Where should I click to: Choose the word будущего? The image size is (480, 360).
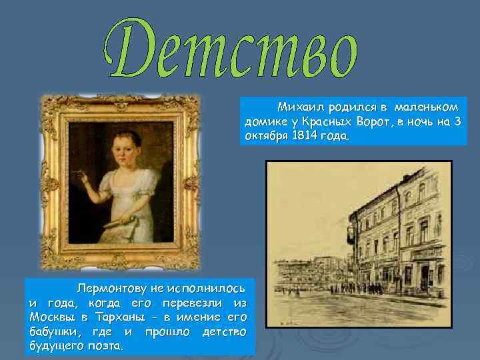(x=53, y=346)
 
